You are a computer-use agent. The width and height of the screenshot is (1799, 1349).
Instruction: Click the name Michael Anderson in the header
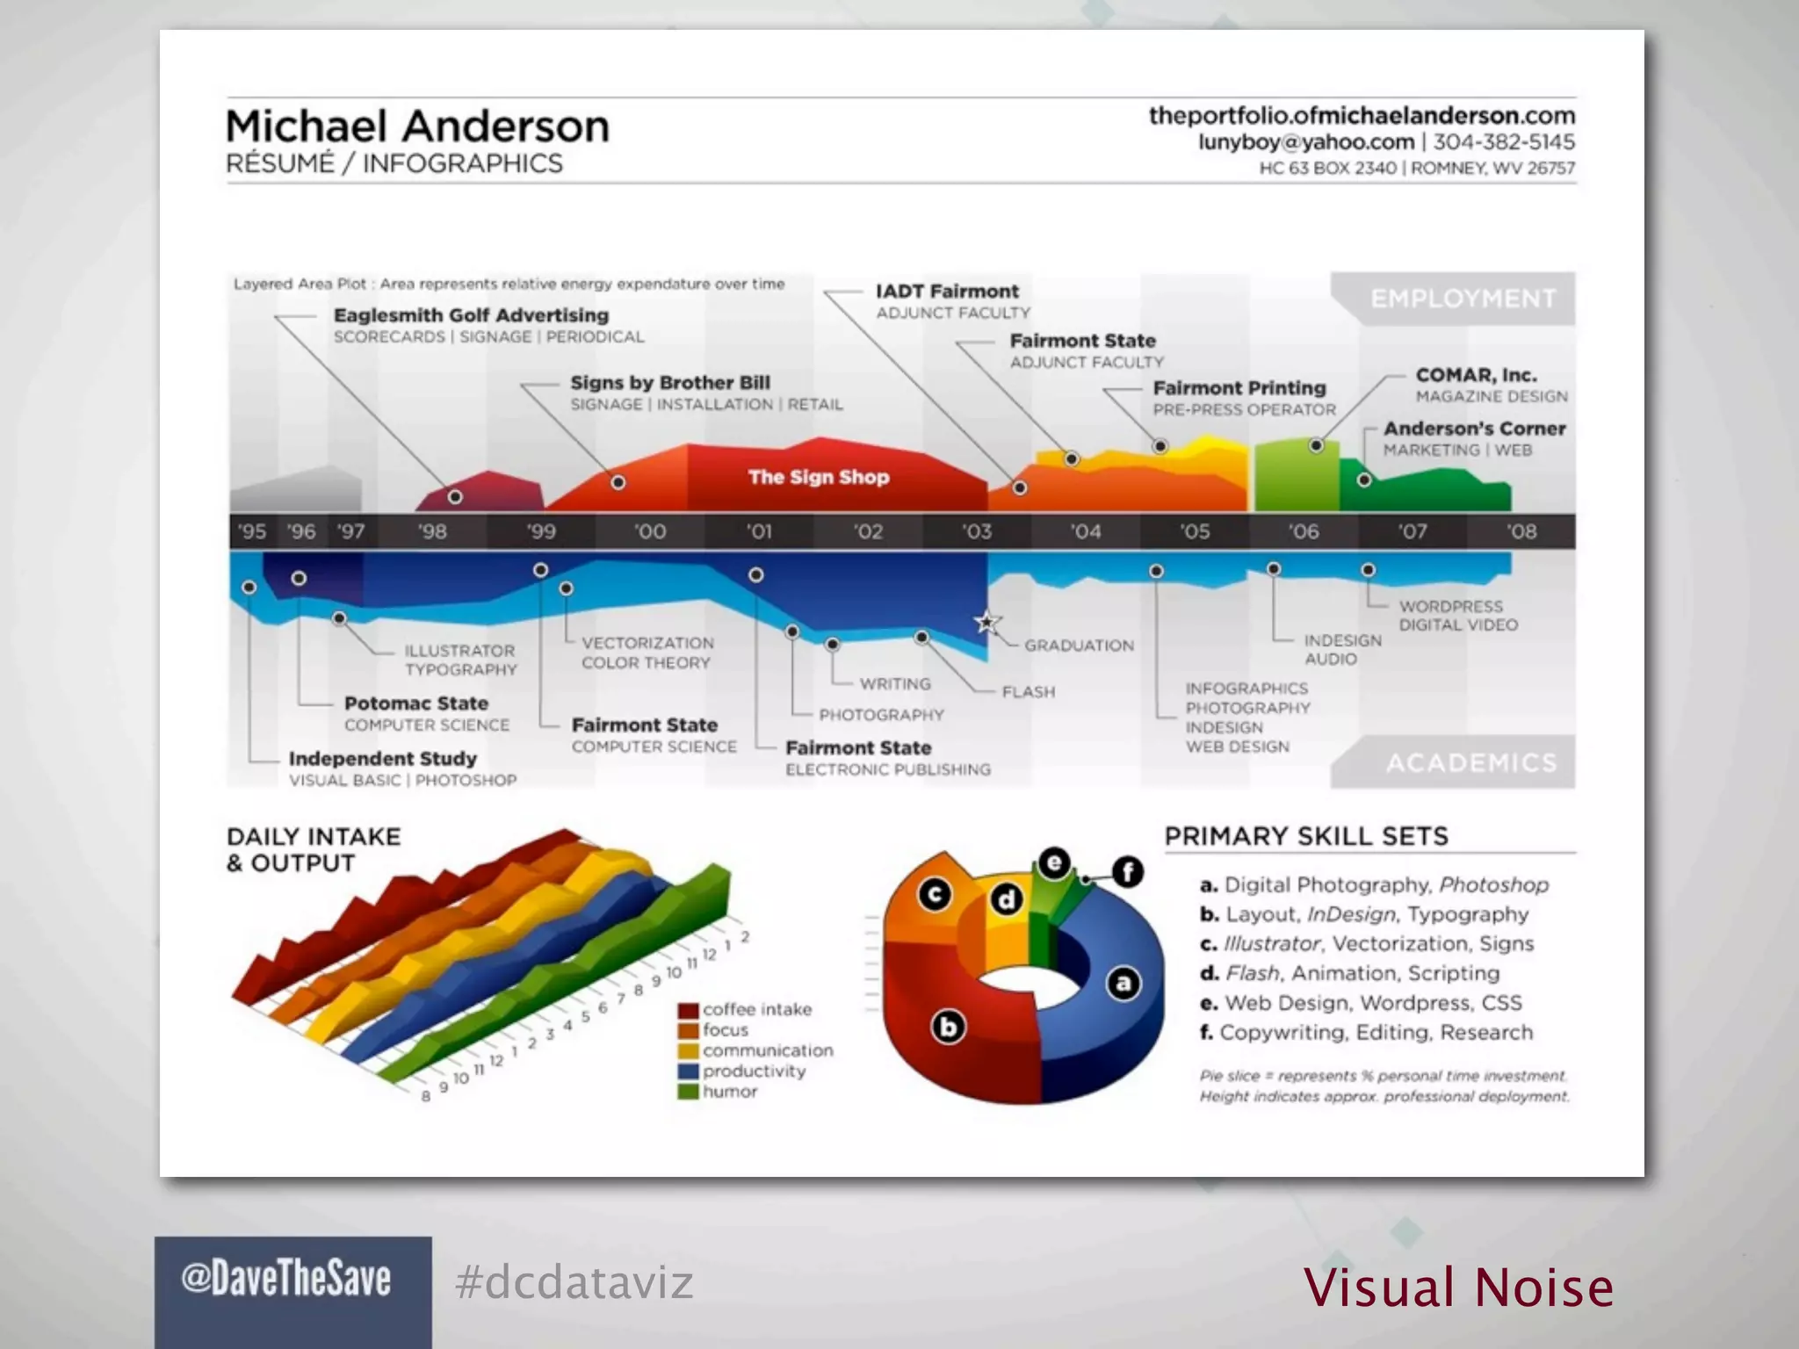click(417, 126)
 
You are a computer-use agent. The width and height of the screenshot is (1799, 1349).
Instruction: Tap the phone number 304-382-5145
click(1504, 142)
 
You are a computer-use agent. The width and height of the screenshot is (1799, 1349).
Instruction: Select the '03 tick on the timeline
click(976, 531)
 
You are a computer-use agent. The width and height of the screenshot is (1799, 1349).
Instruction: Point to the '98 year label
click(431, 531)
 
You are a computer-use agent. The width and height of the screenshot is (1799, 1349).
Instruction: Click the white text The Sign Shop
click(819, 477)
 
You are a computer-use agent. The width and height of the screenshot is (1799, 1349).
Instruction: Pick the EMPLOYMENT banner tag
click(1463, 299)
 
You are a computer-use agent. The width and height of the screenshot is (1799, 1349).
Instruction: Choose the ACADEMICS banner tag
click(1471, 762)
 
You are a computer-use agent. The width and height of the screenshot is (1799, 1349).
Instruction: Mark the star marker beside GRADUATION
click(987, 623)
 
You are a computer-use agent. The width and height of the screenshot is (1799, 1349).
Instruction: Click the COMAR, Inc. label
click(1476, 375)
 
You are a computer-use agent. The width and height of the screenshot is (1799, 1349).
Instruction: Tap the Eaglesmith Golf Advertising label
click(471, 315)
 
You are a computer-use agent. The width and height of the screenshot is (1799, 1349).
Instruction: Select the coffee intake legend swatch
click(688, 1010)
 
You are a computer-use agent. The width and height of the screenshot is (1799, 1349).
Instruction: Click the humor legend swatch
click(688, 1092)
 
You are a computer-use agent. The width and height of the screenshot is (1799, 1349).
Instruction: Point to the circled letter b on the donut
click(949, 1027)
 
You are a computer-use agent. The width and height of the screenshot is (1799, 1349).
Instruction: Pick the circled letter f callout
click(1128, 871)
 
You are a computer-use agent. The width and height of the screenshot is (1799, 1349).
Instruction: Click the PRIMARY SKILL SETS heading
click(1306, 836)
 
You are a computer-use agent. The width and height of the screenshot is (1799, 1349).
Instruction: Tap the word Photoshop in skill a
click(1493, 885)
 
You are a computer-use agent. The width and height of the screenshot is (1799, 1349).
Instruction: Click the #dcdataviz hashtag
click(574, 1282)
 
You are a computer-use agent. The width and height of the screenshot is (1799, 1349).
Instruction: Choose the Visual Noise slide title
click(1458, 1288)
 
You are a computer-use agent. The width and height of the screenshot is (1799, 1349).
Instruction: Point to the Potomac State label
click(415, 703)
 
